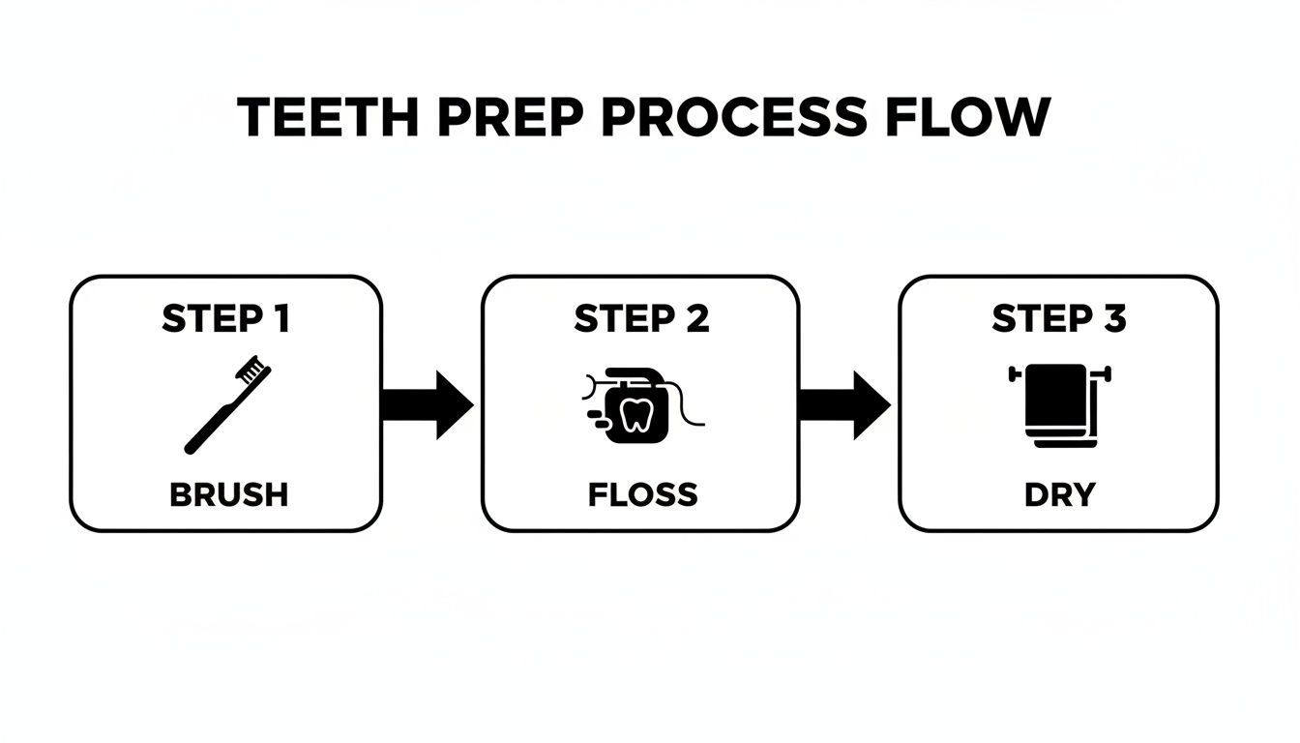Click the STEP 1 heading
226,319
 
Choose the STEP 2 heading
641,319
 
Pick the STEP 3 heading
1059,319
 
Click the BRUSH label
228,494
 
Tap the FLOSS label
642,494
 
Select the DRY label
1059,494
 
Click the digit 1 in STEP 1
280,319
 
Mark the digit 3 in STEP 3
1114,319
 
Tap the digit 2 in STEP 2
696,319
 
